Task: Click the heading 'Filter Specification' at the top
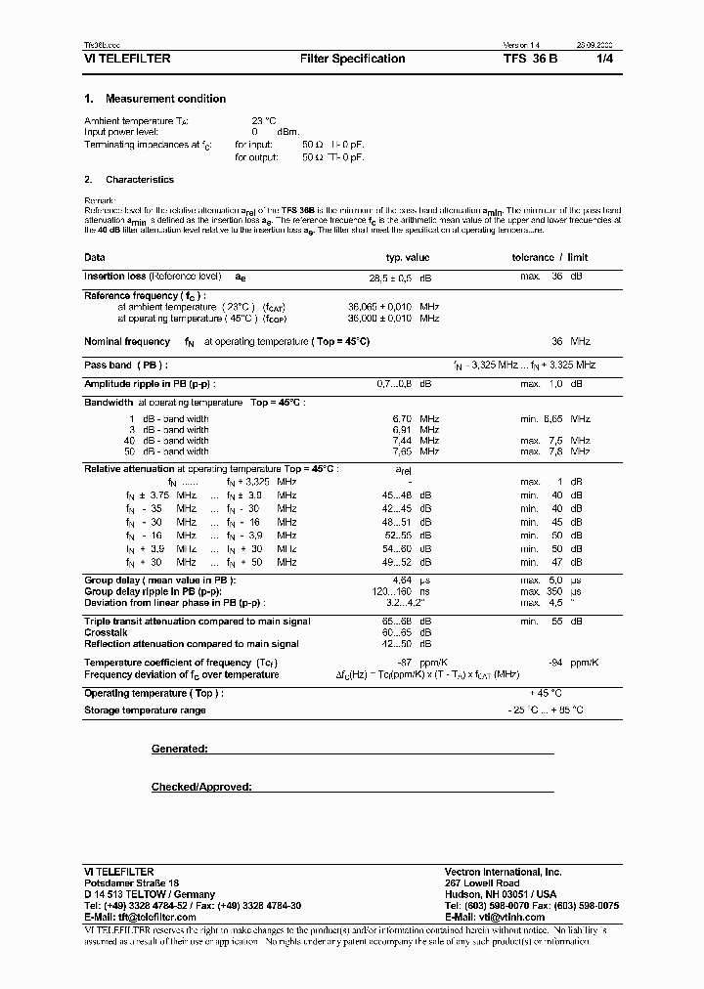tap(352, 59)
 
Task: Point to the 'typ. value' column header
tap(408, 258)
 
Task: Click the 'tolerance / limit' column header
tap(550, 258)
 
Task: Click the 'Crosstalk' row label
tap(106, 632)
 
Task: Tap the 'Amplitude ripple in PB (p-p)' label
tap(150, 385)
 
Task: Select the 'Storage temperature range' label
tap(145, 709)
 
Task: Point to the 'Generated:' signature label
tap(179, 749)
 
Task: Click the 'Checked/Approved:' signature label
tap(201, 787)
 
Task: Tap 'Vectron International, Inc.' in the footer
tap(503, 871)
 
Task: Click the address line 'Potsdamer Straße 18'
tap(125, 882)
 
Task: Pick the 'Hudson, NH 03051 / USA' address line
tap(500, 894)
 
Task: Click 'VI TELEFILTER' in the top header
tap(127, 59)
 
